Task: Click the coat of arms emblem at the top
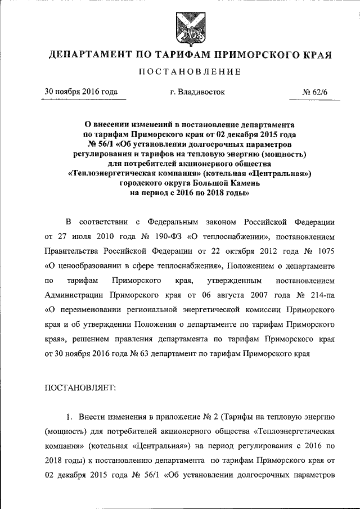click(x=185, y=27)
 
